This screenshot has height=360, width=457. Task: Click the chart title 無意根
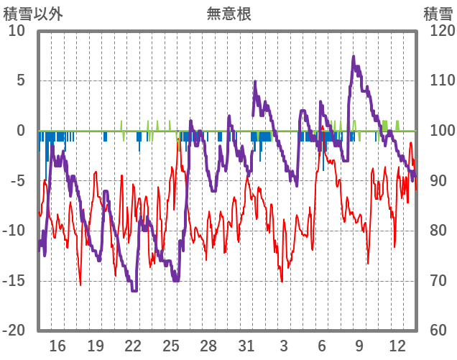(228, 13)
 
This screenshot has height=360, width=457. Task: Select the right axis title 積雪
(438, 13)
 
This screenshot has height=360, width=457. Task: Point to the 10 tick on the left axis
(17, 31)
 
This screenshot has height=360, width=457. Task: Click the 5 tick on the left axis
(21, 80)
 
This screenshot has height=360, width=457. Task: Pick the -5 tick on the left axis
(18, 180)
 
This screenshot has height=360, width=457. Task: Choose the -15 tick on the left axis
(14, 280)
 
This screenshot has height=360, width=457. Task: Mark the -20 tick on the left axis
(14, 330)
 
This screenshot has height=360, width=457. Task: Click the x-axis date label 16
(57, 346)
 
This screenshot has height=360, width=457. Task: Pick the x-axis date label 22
(133, 346)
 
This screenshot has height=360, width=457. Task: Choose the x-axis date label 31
(246, 346)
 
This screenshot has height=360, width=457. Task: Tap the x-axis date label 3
(284, 346)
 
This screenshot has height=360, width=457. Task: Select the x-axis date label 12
(397, 346)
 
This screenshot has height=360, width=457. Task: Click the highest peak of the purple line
(353, 56)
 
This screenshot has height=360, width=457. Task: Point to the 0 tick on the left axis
(21, 131)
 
